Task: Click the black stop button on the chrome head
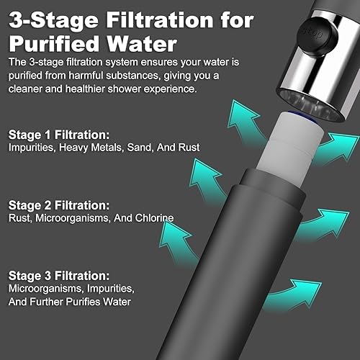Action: point(317,35)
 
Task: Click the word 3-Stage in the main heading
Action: point(53,21)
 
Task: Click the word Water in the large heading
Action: point(142,44)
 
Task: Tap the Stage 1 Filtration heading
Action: point(59,135)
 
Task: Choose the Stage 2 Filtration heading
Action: point(59,205)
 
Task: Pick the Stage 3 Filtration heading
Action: point(59,276)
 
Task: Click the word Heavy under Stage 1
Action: point(73,148)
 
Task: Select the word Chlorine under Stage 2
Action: point(154,218)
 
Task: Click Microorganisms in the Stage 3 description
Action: point(46,289)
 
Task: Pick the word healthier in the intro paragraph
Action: point(85,89)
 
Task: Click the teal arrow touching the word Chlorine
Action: point(177,243)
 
